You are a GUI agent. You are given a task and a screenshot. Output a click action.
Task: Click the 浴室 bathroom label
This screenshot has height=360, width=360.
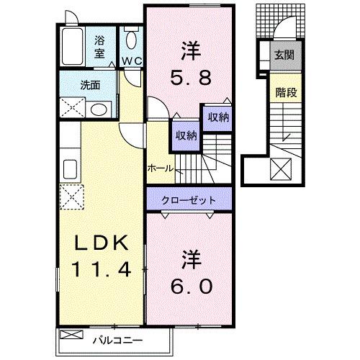99,48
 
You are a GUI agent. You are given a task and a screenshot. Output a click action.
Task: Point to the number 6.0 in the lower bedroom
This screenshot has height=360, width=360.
191,276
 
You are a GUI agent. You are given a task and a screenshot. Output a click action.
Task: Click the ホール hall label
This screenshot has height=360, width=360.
159,168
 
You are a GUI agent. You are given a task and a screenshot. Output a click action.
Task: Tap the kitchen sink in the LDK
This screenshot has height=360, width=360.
71,171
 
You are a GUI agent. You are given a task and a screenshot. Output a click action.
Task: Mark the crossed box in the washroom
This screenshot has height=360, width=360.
72,107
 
